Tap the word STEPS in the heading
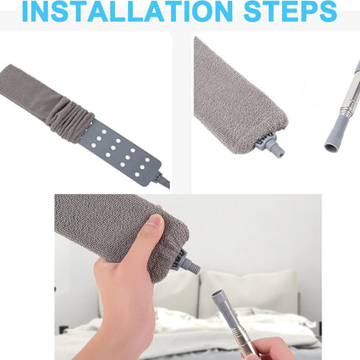coord(291,11)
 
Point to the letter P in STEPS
coord(309,11)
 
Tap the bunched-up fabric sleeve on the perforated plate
coord(71,120)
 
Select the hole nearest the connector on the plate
coord(136,175)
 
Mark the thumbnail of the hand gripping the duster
coord(155,222)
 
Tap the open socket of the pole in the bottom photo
coord(218,294)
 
